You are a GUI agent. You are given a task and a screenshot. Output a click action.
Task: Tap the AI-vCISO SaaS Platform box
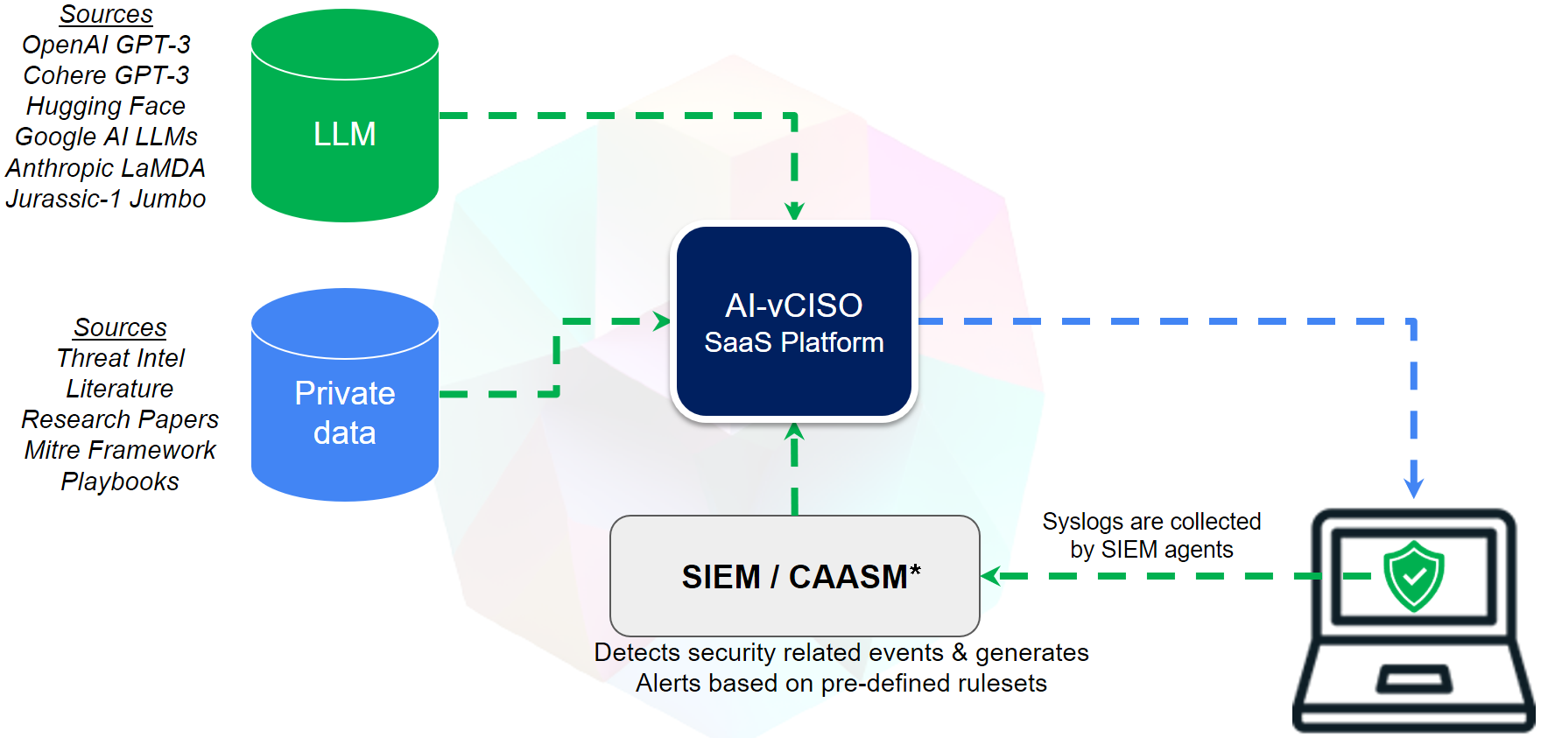tap(793, 322)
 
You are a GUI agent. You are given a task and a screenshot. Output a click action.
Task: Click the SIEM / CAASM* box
tap(794, 576)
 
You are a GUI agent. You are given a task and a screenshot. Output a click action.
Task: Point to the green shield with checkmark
tap(1413, 575)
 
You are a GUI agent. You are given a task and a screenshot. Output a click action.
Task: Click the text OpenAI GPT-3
tap(106, 45)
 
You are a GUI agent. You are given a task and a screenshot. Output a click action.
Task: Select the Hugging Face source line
tap(106, 106)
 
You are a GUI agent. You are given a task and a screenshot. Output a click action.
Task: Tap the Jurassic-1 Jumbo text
tap(106, 199)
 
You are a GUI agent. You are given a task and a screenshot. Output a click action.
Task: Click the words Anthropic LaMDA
tap(106, 168)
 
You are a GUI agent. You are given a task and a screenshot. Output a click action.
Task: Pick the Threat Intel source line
tap(120, 358)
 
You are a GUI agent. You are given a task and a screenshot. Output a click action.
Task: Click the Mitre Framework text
tap(120, 450)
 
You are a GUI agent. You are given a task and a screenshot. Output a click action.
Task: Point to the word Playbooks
tap(120, 481)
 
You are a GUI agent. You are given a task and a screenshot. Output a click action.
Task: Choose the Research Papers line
tap(120, 419)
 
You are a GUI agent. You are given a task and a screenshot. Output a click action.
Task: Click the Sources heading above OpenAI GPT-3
tap(106, 14)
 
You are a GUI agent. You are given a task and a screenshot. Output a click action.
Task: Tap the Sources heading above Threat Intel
tap(120, 327)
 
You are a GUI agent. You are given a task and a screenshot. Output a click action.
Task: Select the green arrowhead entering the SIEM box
tap(991, 576)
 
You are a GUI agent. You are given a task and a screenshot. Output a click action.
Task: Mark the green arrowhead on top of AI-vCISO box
tap(794, 211)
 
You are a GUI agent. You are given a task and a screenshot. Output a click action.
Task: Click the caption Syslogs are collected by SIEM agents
tap(1151, 535)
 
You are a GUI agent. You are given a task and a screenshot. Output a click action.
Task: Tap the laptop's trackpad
tap(1414, 678)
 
